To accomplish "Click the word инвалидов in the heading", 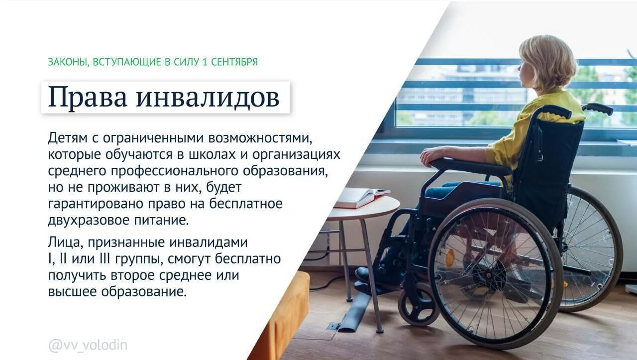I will coord(207,98).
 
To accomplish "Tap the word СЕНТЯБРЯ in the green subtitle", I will coord(234,62).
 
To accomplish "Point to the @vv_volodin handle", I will coord(88,345).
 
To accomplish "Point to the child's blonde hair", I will coord(547,60).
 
